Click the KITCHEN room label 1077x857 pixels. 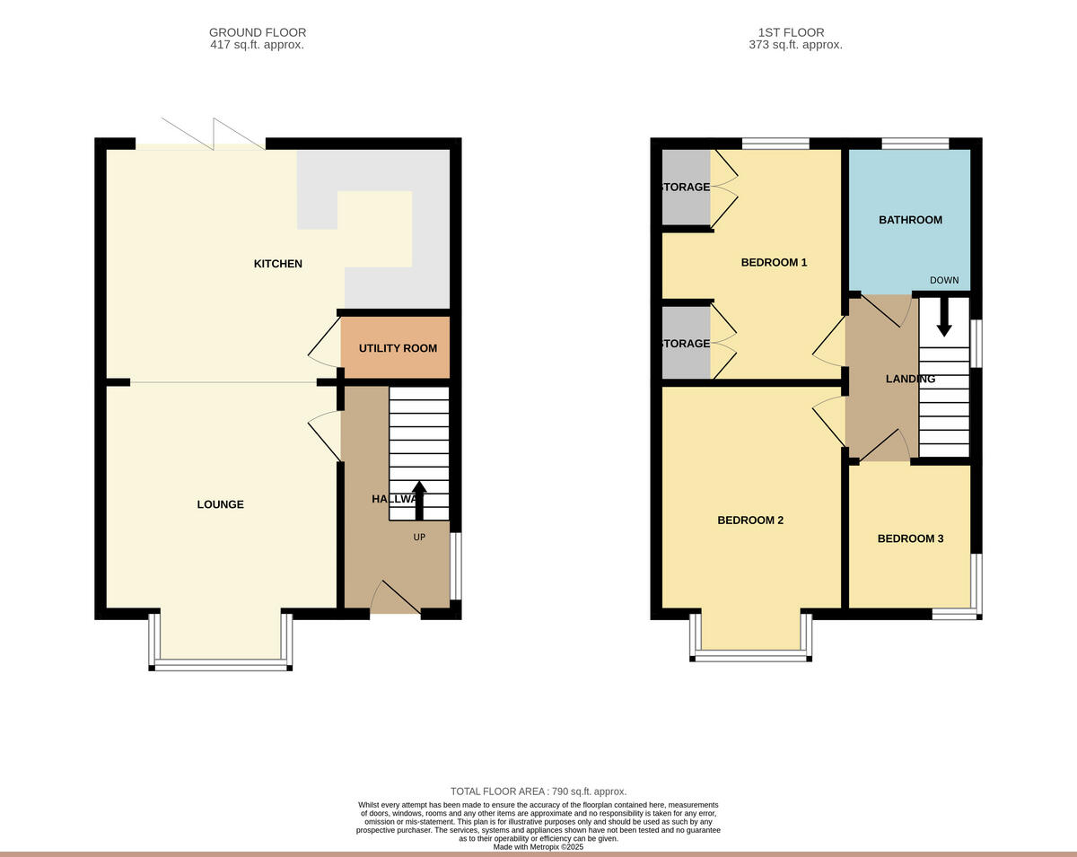click(x=277, y=264)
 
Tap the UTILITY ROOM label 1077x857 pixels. click(x=398, y=348)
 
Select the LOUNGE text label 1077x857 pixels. click(x=220, y=504)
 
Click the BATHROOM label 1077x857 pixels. click(x=910, y=220)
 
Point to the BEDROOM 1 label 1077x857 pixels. click(x=774, y=263)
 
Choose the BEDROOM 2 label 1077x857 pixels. click(x=750, y=520)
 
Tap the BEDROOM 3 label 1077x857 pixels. click(x=910, y=538)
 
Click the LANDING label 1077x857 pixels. click(x=910, y=379)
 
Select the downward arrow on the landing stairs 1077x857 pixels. click(x=943, y=317)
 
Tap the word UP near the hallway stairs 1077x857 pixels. click(x=419, y=537)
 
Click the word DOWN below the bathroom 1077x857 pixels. click(x=944, y=280)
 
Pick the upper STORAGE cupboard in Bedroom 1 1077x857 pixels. click(x=686, y=188)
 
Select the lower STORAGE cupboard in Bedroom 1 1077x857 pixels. click(x=686, y=344)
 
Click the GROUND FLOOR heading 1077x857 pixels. click(x=258, y=32)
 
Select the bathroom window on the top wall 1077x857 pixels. click(x=915, y=143)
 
